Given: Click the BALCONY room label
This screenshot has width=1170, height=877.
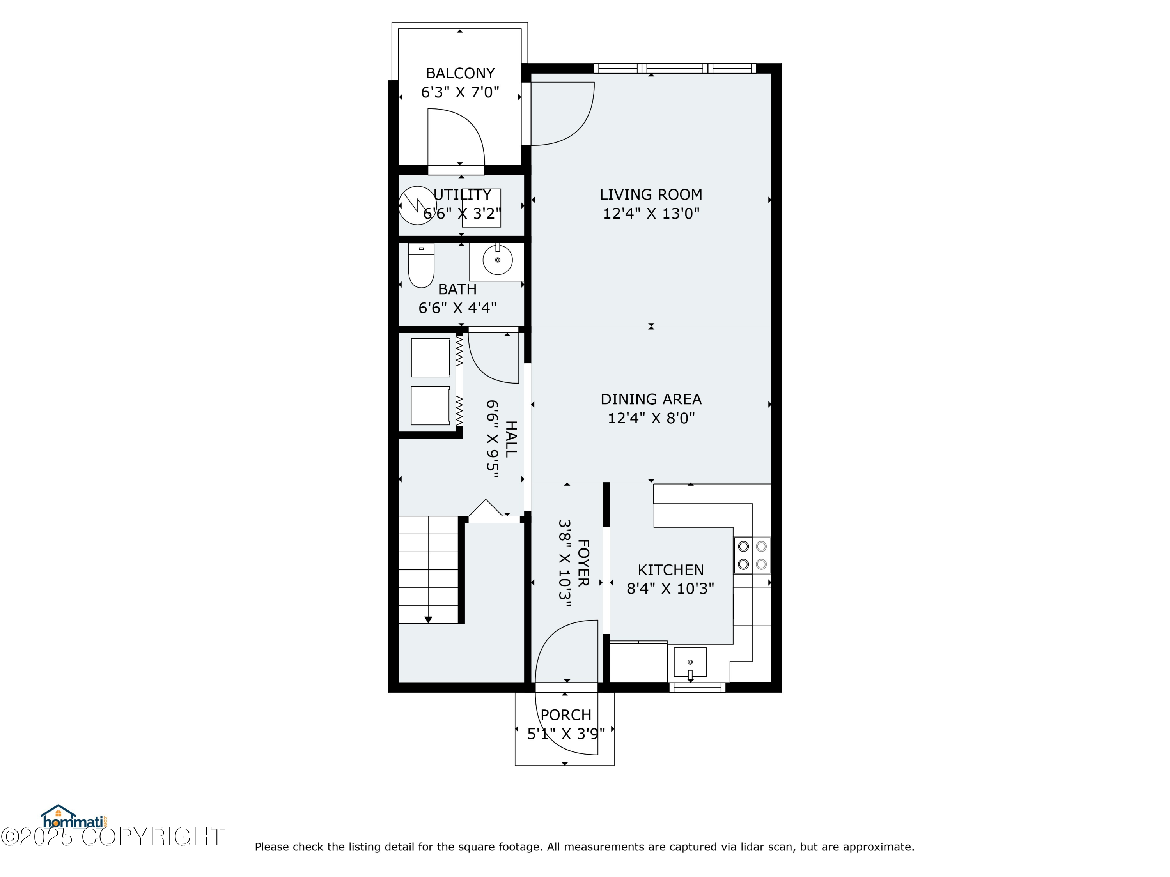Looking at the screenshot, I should (x=460, y=73).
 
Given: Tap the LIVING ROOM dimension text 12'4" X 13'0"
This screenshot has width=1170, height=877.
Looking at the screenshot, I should (x=651, y=214).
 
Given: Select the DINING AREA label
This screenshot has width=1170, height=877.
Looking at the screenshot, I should (x=651, y=399).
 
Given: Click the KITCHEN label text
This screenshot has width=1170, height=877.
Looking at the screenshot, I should (x=670, y=570).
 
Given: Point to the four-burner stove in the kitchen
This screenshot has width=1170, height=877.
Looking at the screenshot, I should (x=752, y=555).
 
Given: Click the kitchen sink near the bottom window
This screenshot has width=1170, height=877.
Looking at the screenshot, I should (x=690, y=662).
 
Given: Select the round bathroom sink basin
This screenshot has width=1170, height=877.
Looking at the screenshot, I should (x=497, y=260).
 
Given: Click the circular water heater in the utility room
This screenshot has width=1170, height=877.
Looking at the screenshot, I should (x=417, y=205).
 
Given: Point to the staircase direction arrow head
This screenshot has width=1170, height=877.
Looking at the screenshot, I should (x=428, y=620).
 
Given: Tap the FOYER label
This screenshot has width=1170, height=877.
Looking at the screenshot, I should (x=583, y=563).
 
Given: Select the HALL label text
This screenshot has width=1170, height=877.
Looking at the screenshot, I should (x=511, y=439).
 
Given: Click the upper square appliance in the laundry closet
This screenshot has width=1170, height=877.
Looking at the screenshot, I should (x=430, y=358).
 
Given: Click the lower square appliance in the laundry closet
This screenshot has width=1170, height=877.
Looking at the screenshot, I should (x=430, y=405).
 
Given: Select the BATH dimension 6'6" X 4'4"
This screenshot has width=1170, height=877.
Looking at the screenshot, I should (x=457, y=308).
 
